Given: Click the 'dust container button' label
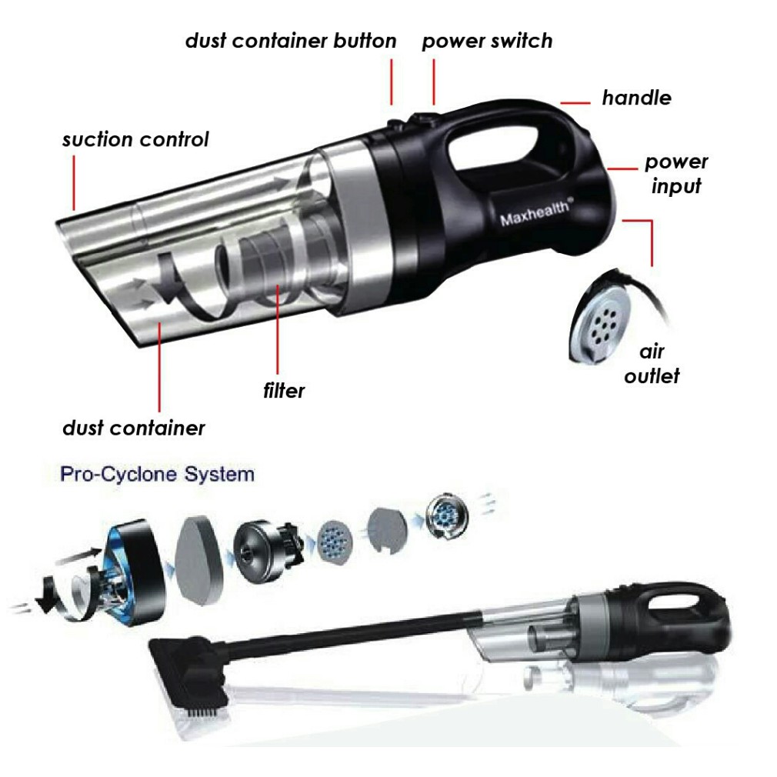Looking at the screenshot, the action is (291, 41).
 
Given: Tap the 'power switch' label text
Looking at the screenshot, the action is (487, 41).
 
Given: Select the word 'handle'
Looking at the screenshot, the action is (637, 98).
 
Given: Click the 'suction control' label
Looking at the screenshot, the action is (135, 139).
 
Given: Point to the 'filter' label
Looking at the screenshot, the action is (283, 391).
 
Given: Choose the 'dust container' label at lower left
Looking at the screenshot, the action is (133, 428).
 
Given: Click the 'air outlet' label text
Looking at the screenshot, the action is (652, 363).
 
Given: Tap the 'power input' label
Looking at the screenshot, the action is (676, 174).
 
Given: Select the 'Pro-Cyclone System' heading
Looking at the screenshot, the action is (157, 474).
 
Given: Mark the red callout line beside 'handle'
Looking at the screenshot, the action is (575, 103).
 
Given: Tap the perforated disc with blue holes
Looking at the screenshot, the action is (335, 541).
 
